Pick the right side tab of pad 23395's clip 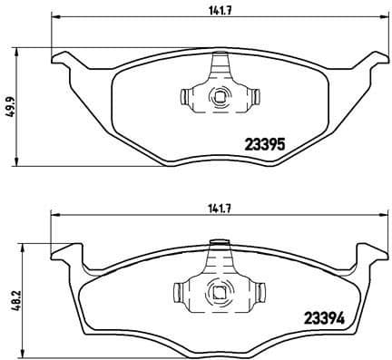[254, 96]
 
